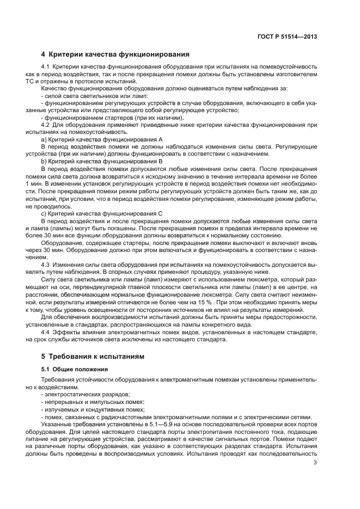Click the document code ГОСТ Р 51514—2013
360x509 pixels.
coord(287,37)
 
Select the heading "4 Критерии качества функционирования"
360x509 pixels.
coord(115,54)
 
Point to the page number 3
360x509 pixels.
coord(315,463)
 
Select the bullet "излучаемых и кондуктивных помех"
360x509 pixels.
coord(87,410)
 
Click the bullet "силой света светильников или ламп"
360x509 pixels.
coord(87,95)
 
